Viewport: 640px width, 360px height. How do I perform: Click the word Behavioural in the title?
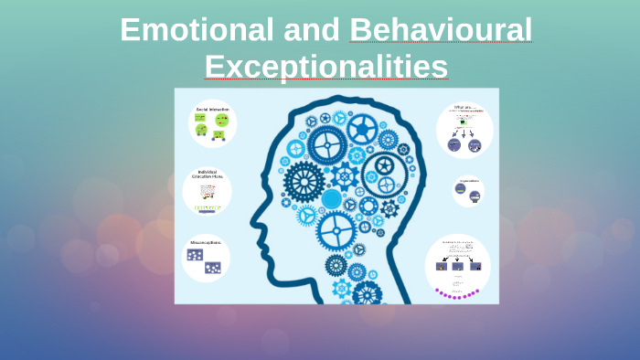441,30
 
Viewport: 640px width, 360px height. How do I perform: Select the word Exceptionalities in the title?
325,67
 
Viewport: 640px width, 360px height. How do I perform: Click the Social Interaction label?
212,110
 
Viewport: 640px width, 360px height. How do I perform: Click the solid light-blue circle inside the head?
332,199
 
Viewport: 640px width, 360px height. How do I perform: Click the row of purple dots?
457,294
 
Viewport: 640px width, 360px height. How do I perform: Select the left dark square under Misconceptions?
195,255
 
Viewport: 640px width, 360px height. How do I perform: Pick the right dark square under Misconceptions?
213,267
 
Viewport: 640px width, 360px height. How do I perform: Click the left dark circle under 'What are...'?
454,145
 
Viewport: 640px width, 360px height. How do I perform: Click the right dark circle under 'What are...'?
475,145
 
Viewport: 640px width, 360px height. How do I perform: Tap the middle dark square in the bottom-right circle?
457,266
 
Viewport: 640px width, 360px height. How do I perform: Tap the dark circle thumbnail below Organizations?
467,192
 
